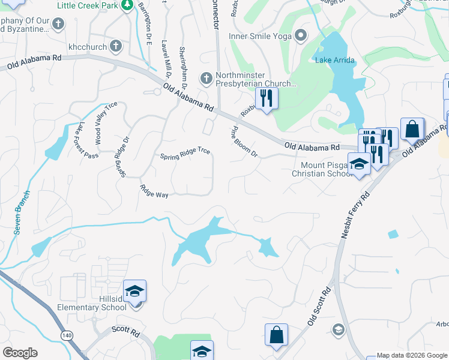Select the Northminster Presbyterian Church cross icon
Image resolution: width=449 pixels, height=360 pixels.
(x=206, y=78)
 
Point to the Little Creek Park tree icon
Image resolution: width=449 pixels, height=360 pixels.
(x=127, y=5)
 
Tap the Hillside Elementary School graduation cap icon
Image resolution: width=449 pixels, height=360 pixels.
(x=135, y=292)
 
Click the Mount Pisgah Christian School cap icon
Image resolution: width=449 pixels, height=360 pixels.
(x=359, y=163)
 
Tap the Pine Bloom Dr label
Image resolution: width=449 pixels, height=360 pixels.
(x=244, y=142)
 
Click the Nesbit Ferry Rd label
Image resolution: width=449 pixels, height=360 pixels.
(x=354, y=215)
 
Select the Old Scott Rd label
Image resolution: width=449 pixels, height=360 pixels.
(x=319, y=306)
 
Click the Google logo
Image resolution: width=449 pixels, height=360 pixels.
(x=20, y=353)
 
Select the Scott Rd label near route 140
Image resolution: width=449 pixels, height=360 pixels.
(x=125, y=330)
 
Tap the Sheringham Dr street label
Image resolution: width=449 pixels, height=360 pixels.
(x=185, y=62)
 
